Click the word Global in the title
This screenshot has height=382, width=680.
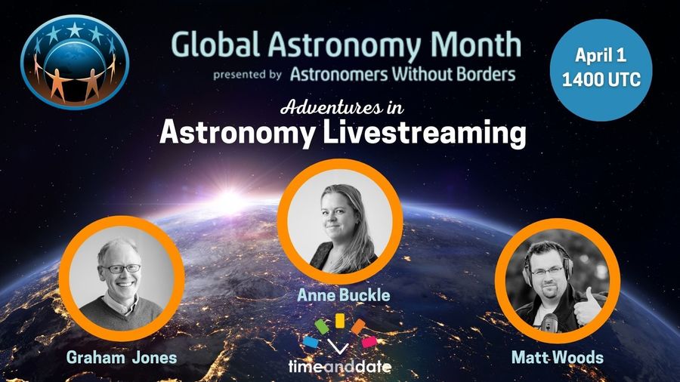pyautogui.click(x=215, y=45)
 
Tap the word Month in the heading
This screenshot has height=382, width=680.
pyautogui.click(x=476, y=45)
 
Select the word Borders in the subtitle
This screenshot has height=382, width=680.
pyautogui.click(x=485, y=74)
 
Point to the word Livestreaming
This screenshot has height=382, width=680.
pyautogui.click(x=425, y=133)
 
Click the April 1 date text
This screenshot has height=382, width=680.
pyautogui.click(x=601, y=55)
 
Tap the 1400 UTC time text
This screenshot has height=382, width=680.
pyautogui.click(x=601, y=79)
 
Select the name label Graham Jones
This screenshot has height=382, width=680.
pyautogui.click(x=122, y=358)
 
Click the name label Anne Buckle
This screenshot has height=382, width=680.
pyautogui.click(x=344, y=295)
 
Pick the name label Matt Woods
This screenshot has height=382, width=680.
pyautogui.click(x=558, y=358)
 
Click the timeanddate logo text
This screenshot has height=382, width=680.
pyautogui.click(x=340, y=367)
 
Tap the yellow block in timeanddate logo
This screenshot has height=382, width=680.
pyautogui.click(x=340, y=321)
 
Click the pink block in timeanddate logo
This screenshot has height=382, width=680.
pyautogui.click(x=369, y=342)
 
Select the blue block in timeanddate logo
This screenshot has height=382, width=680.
pyautogui.click(x=311, y=342)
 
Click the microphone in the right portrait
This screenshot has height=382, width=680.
pyautogui.click(x=549, y=323)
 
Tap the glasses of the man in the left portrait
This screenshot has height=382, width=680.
pyautogui.click(x=121, y=269)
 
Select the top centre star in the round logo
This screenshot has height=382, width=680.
pyautogui.click(x=75, y=29)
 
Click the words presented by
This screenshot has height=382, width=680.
pyautogui.click(x=247, y=75)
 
